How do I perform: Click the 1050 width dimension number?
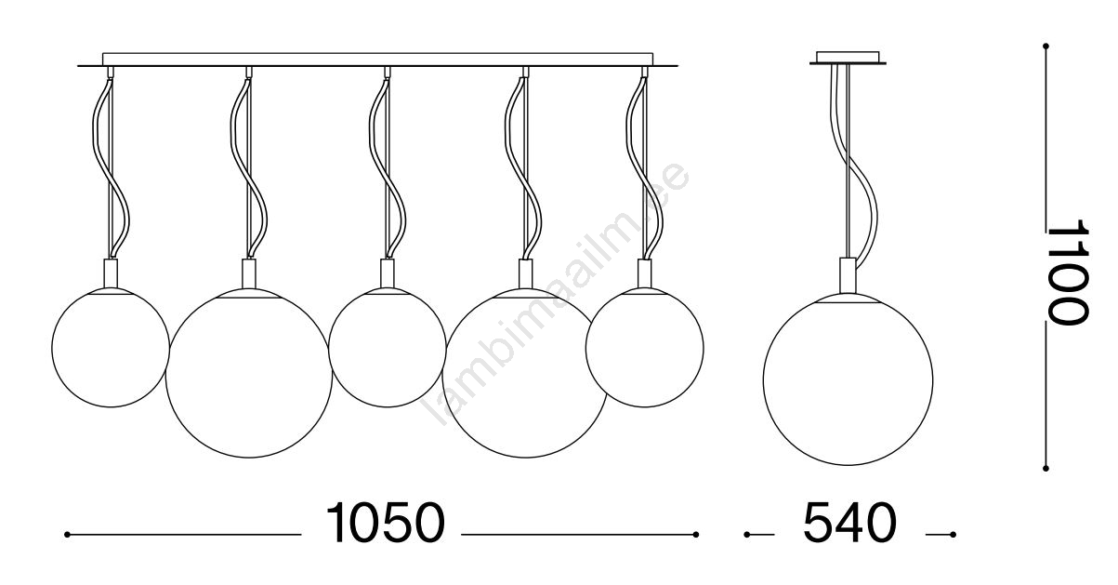385,523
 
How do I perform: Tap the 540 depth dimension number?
850,523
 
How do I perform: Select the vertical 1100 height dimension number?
1067,273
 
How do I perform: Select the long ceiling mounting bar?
378,60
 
